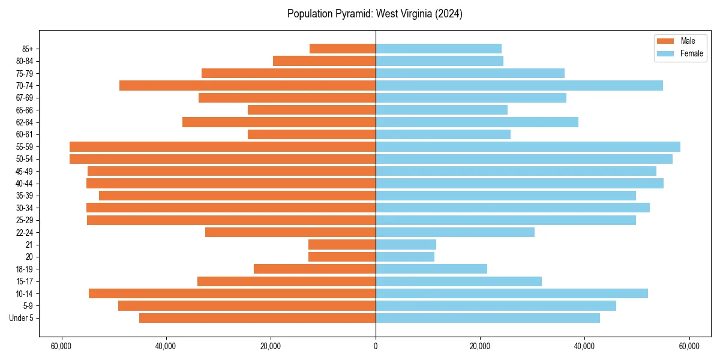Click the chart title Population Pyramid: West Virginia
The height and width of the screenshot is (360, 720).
[374, 14]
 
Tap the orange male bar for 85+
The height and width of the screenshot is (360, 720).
[343, 49]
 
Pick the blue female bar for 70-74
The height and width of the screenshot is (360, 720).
[519, 85]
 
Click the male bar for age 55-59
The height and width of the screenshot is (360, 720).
[223, 146]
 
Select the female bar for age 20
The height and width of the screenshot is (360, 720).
[405, 257]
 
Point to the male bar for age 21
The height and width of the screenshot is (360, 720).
[342, 244]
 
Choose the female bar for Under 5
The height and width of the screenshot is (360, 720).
[488, 318]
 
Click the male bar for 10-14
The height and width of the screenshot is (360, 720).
[232, 293]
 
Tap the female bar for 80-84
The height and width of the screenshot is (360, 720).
[439, 61]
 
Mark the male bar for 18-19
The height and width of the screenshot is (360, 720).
[314, 269]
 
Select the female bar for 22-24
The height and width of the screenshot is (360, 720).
[455, 232]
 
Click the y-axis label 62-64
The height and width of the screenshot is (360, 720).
[25, 122]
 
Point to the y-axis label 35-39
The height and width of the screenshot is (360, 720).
[25, 196]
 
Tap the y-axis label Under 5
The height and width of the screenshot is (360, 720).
[22, 318]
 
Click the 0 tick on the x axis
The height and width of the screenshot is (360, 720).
[376, 346]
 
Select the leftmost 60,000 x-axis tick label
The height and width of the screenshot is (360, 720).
[61, 346]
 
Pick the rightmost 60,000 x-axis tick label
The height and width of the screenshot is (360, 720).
[689, 346]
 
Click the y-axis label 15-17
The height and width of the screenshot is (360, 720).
[25, 281]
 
